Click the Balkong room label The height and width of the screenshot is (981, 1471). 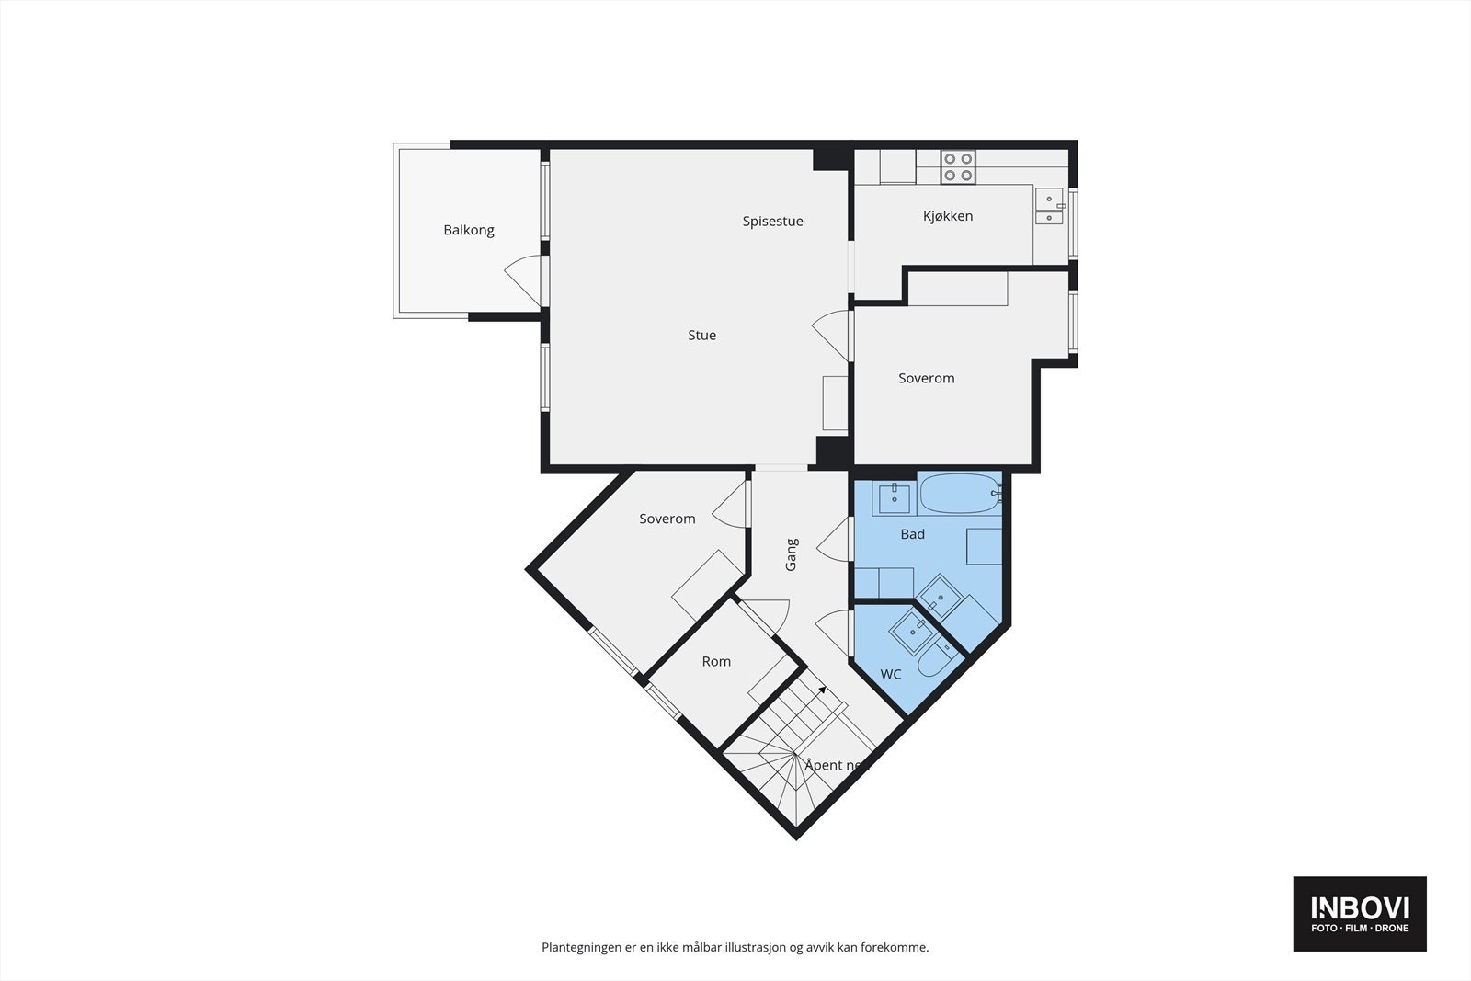(469, 230)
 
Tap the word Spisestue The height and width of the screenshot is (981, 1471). (772, 221)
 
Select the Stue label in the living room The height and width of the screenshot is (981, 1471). (701, 336)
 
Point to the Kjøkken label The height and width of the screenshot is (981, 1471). (948, 216)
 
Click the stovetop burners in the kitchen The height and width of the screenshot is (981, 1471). (958, 166)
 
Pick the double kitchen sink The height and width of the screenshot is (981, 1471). (1048, 208)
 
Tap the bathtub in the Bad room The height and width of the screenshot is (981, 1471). (960, 494)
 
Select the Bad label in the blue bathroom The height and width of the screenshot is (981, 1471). (912, 534)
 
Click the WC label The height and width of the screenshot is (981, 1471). (890, 675)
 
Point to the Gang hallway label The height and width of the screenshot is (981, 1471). (792, 554)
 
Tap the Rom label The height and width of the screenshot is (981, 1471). (716, 662)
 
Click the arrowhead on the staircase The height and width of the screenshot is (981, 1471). (822, 689)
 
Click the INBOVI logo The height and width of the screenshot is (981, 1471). (1360, 913)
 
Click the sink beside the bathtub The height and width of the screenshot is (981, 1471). (894, 499)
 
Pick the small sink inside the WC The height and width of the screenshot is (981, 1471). (909, 628)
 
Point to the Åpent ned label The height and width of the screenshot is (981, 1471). (836, 765)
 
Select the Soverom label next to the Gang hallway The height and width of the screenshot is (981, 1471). (667, 519)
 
